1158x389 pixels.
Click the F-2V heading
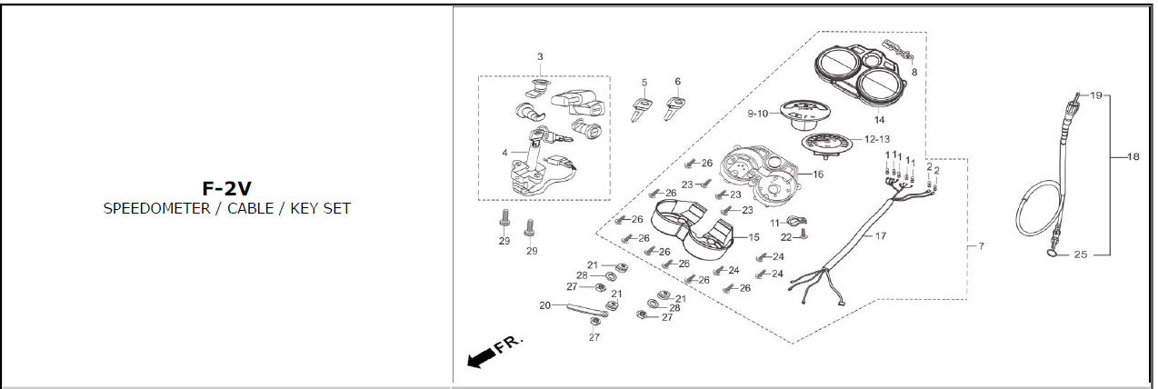[226, 189]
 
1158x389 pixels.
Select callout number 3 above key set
[540, 57]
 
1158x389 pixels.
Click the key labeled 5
[641, 110]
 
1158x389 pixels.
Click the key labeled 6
[675, 109]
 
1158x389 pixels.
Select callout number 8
[913, 71]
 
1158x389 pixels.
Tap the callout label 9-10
[758, 114]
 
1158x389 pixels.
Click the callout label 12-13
[876, 140]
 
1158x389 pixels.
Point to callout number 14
[879, 120]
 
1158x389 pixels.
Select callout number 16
[818, 174]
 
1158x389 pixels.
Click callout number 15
[754, 237]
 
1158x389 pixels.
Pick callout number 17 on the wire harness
[880, 236]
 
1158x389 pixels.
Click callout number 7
[981, 246]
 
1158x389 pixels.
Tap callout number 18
[1133, 157]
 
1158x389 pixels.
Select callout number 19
[1096, 95]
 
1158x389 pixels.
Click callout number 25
[1080, 255]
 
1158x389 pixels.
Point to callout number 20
[545, 305]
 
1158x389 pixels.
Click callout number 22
[788, 237]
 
